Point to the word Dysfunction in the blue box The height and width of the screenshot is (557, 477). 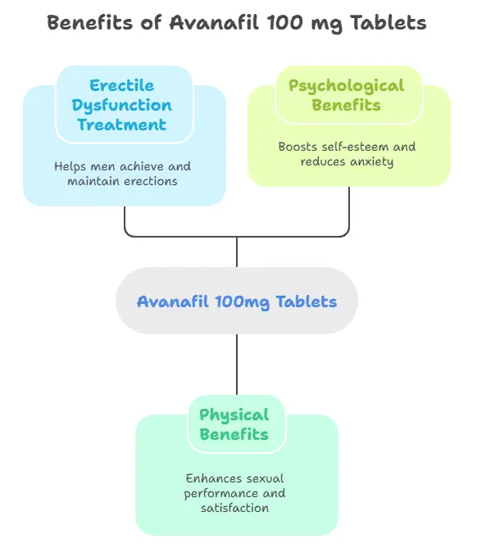[121, 106]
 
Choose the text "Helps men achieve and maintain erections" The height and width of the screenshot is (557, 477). [122, 174]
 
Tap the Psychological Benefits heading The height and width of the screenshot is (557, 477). [346, 96]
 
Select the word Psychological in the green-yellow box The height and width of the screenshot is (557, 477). [346, 86]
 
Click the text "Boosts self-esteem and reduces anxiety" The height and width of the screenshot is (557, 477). [347, 154]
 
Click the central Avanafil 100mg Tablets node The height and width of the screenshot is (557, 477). [237, 301]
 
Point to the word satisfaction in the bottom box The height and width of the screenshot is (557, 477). [234, 508]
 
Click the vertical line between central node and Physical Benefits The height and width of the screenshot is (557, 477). [237, 365]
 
